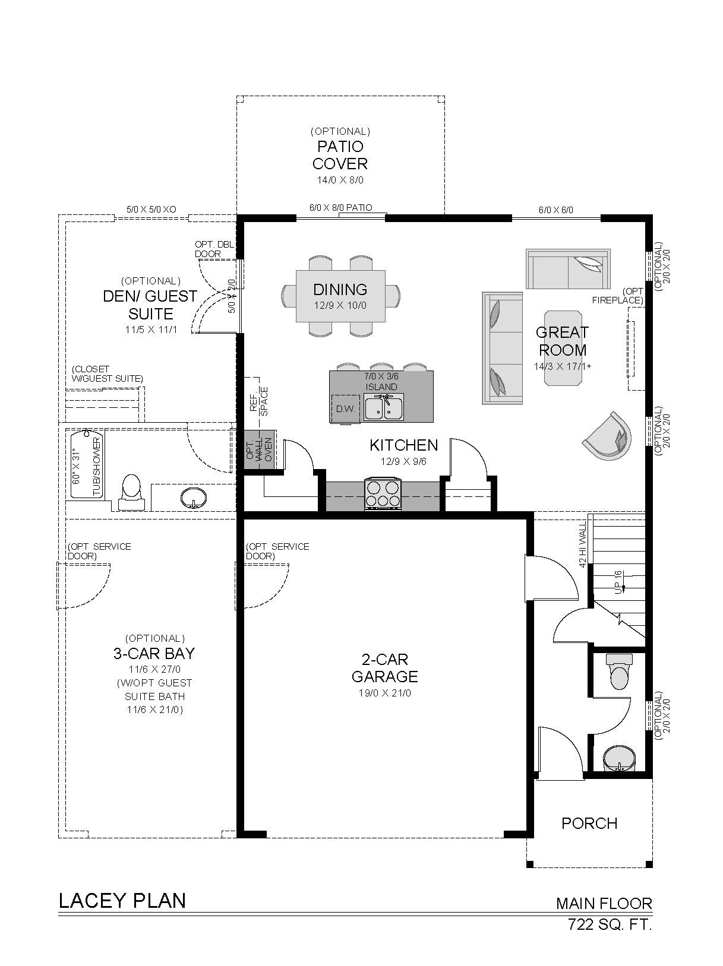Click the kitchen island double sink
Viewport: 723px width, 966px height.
384,407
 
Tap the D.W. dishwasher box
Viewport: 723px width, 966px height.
345,409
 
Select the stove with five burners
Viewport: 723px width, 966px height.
383,494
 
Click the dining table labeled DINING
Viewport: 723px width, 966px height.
340,296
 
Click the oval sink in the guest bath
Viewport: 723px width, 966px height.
193,498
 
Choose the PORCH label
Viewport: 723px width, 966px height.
589,823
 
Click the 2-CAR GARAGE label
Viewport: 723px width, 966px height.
384,667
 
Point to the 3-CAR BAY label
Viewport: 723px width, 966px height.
154,654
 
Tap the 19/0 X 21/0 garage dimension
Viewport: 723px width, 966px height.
384,693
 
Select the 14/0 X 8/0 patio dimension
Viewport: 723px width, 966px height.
340,180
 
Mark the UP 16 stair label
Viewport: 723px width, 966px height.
618,582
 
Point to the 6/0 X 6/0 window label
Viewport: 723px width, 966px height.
555,210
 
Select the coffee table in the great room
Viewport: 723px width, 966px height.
563,348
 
